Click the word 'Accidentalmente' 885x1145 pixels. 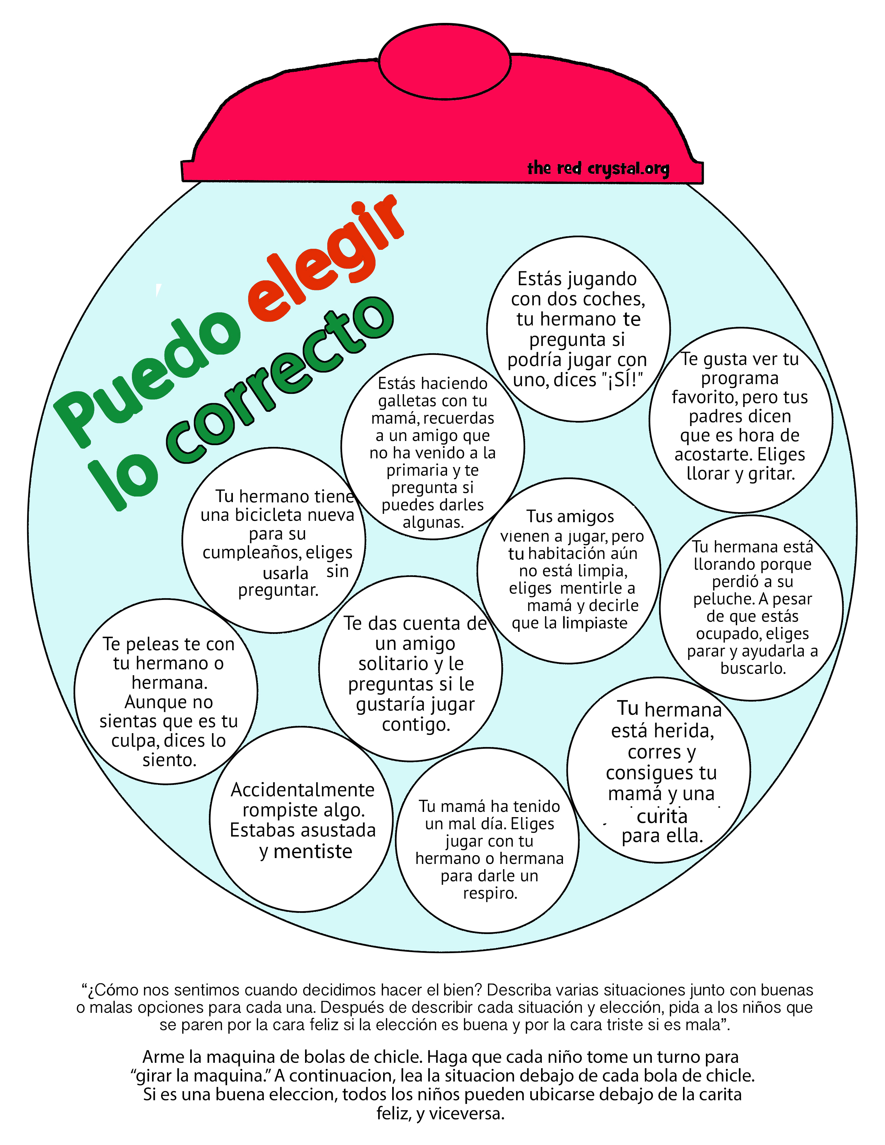tap(303, 790)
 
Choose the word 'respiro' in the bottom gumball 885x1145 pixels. tap(490, 893)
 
